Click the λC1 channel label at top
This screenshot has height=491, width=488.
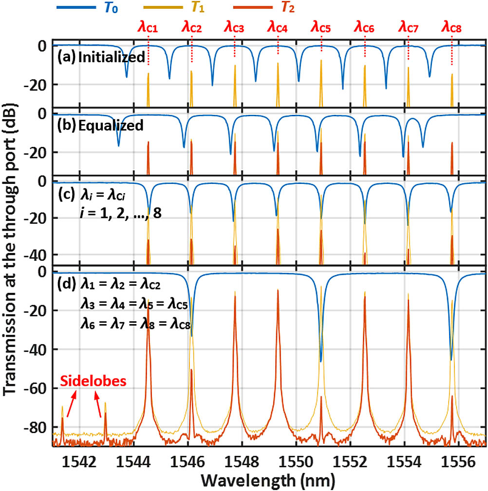point(148,27)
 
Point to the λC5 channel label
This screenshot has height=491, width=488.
point(321,27)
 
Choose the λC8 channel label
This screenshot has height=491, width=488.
point(451,27)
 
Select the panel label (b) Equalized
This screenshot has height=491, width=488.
point(100,126)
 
